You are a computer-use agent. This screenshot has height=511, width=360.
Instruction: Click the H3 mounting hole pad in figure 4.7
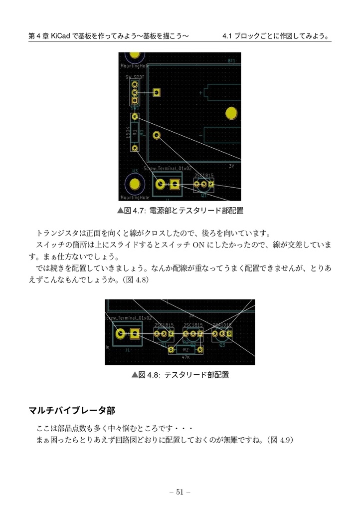pos(134,184)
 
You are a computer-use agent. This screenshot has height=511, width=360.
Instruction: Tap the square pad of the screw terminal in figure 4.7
pos(175,185)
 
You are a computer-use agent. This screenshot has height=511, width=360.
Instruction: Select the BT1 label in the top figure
pos(231,60)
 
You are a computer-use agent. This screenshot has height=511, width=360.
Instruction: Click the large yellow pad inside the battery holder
pos(231,113)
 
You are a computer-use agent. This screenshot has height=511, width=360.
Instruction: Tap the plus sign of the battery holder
pos(201,93)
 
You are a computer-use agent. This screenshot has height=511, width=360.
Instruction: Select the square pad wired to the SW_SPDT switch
pos(157,92)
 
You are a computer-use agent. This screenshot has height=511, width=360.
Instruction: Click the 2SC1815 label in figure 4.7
pos(203,175)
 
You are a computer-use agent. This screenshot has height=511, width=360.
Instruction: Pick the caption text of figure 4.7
pos(180,211)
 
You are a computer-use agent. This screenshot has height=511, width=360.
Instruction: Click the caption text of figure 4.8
pos(180,374)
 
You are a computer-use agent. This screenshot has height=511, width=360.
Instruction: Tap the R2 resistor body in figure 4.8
pos(185,350)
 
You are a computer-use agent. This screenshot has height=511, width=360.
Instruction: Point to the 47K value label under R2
pos(185,357)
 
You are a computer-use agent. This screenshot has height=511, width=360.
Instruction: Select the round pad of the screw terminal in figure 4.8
pos(120,334)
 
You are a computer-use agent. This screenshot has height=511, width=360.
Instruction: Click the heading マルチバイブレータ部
pos(72,411)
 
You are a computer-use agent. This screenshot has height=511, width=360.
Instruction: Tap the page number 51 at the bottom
pos(180,492)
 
